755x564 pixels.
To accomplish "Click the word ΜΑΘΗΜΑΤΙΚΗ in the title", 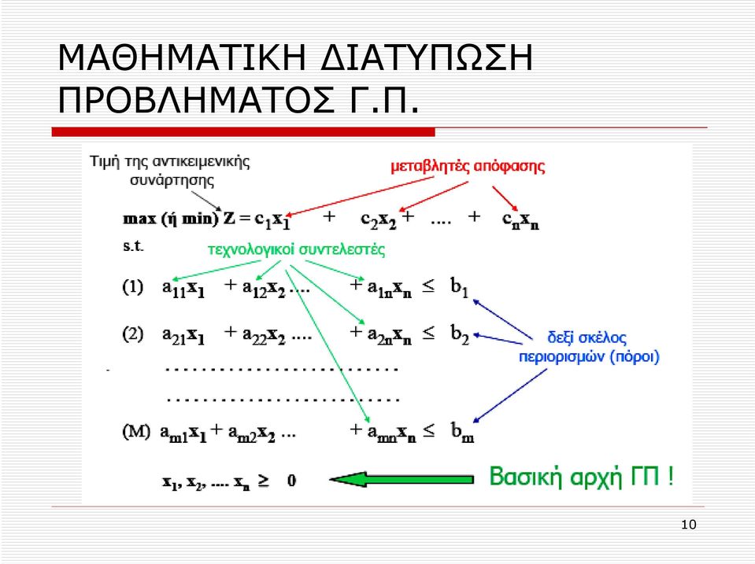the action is [x=182, y=57].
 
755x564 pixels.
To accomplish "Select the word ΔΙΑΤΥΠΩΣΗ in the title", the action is [x=427, y=57].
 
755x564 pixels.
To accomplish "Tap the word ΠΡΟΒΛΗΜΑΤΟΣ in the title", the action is [x=195, y=100].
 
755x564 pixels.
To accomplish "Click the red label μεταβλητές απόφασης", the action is [x=468, y=167].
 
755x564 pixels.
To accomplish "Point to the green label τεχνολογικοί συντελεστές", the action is [x=296, y=250].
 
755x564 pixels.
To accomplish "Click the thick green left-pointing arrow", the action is [x=402, y=479].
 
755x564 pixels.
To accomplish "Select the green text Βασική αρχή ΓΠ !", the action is [x=581, y=477].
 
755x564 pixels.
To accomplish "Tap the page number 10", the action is [x=689, y=525].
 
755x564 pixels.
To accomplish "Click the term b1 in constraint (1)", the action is [x=459, y=287].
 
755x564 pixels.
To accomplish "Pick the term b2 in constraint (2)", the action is [x=460, y=334].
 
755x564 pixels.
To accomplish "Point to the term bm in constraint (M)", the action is [x=462, y=432].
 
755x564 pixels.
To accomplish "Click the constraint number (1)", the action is [x=133, y=287].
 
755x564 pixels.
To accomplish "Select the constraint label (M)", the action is [x=136, y=431].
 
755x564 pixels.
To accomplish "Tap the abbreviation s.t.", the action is [x=133, y=246].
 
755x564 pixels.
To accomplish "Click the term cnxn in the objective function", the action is [x=520, y=220].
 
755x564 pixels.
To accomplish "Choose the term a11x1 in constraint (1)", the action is [x=183, y=288].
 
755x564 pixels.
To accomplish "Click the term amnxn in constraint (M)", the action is [x=391, y=432].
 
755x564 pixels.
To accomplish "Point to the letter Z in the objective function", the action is [x=229, y=219].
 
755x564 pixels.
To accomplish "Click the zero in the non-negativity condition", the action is [x=291, y=481].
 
